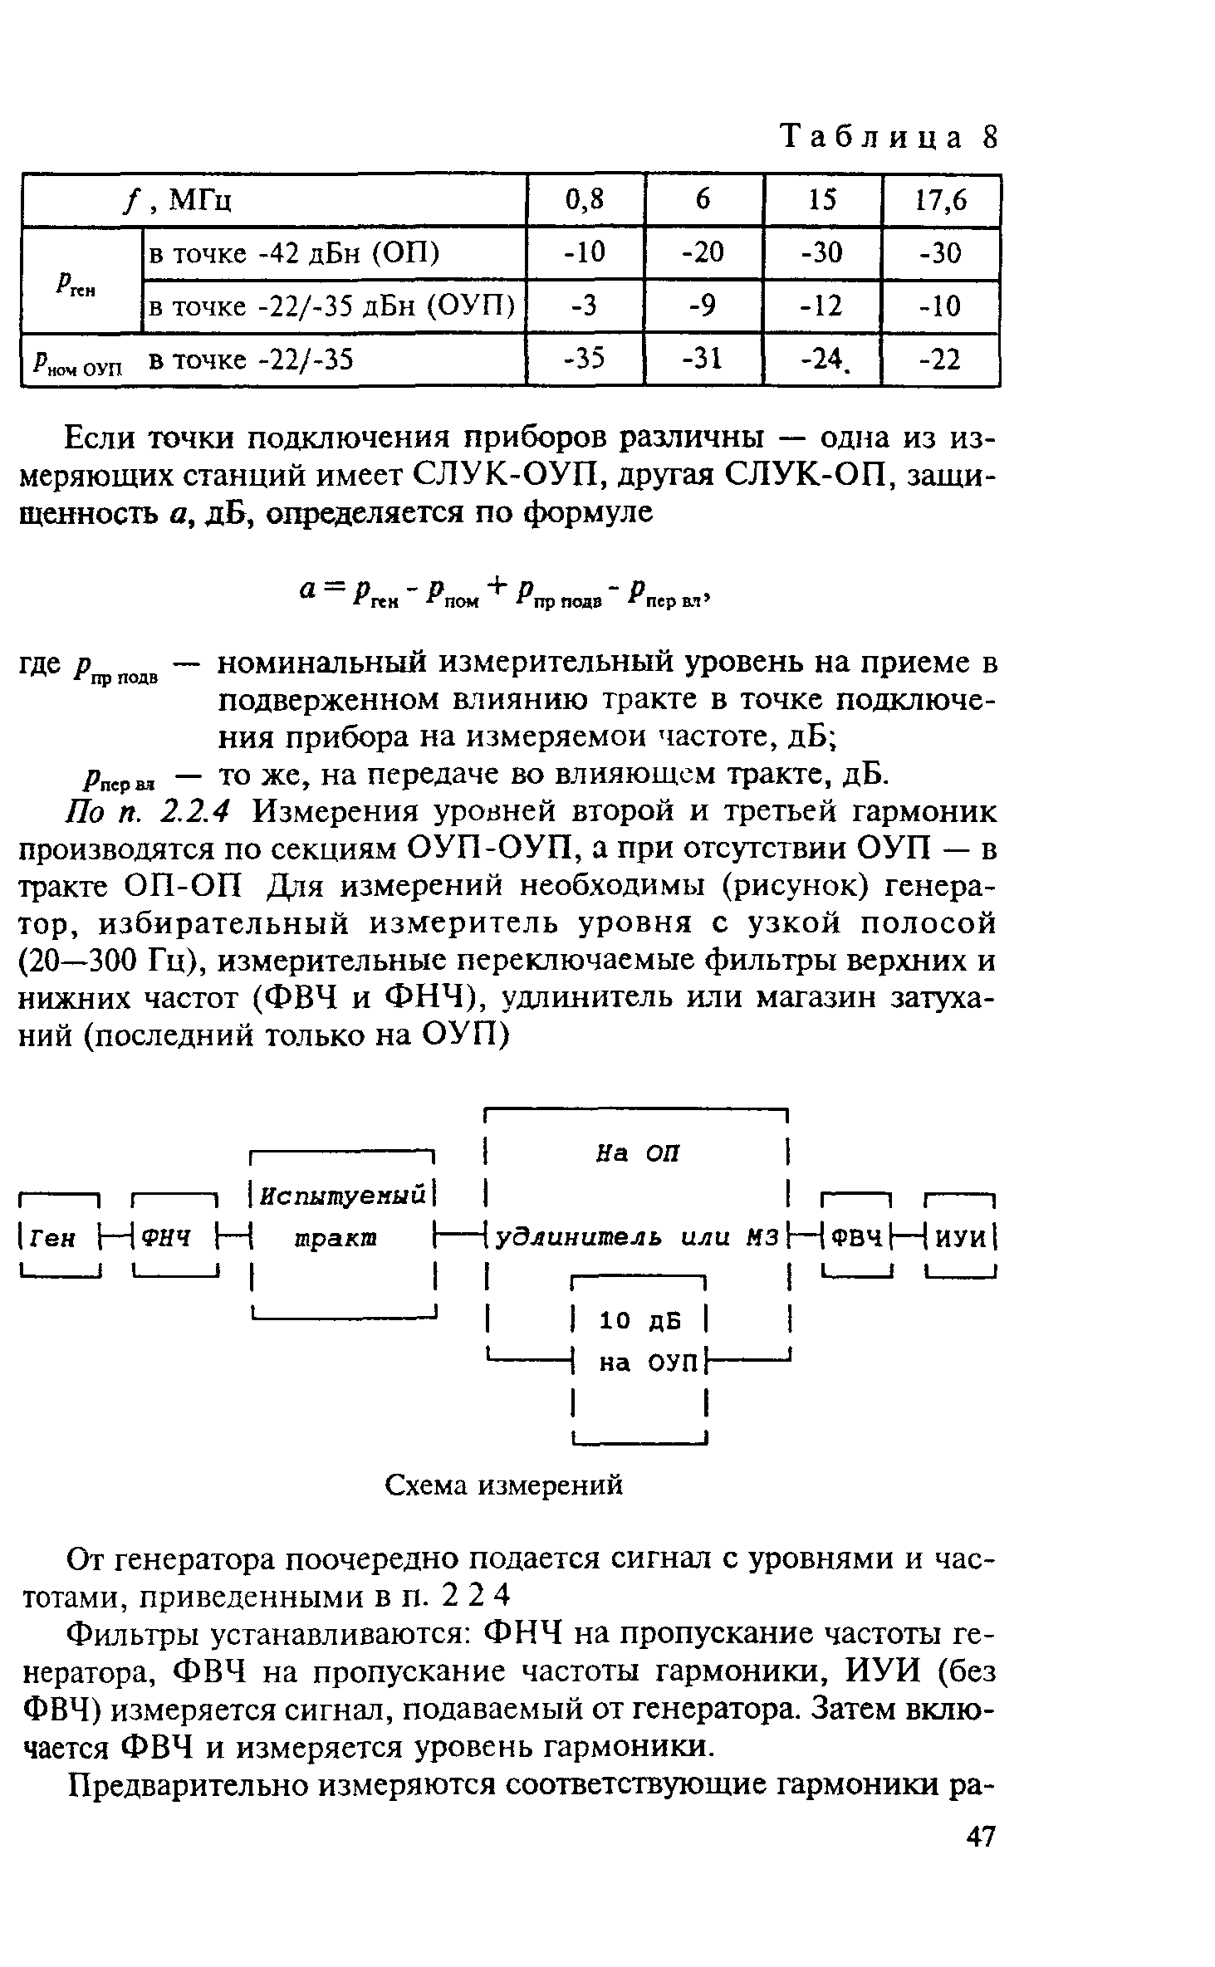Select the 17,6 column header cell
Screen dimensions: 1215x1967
pyautogui.click(x=941, y=200)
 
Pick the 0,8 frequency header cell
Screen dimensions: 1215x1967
pyautogui.click(x=585, y=200)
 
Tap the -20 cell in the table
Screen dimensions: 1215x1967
pyautogui.click(x=703, y=252)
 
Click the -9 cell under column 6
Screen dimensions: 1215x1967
pyautogui.click(x=703, y=306)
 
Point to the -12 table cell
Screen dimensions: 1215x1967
pyautogui.click(x=822, y=306)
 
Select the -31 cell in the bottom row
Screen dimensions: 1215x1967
pyautogui.click(x=703, y=360)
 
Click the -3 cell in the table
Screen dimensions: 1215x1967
pyautogui.click(x=585, y=306)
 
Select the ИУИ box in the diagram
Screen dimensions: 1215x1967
pyautogui.click(x=960, y=1238)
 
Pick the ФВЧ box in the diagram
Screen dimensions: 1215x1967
pyautogui.click(x=855, y=1238)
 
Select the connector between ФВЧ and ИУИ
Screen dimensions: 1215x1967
pyautogui.click(x=909, y=1238)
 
